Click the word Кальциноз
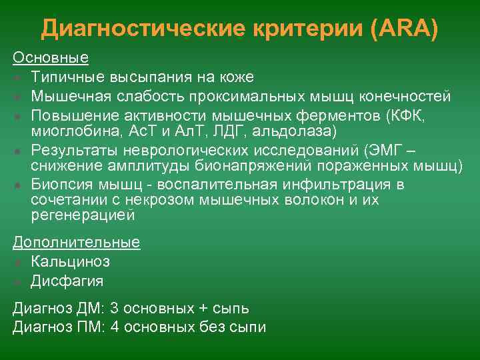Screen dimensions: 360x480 (70, 261)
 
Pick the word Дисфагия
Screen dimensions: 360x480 (67, 281)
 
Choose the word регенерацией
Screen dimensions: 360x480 (83, 215)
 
